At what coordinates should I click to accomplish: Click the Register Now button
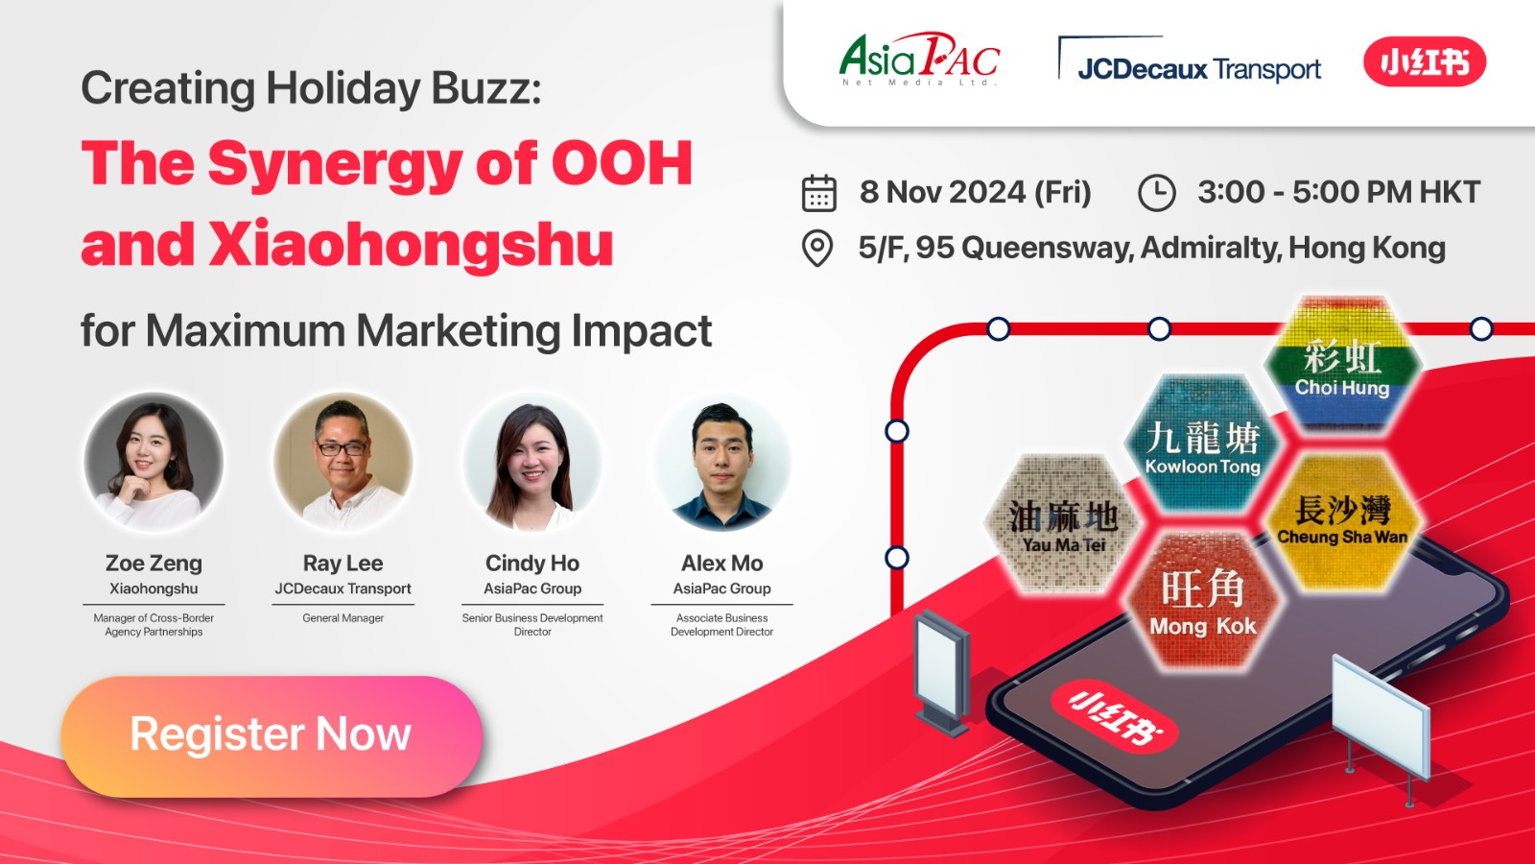click(x=272, y=735)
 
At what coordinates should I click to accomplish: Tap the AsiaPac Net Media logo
click(x=920, y=59)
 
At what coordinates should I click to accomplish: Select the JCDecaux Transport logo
click(x=1190, y=60)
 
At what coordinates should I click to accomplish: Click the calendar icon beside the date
click(x=819, y=193)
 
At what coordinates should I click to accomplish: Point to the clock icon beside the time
click(x=1157, y=193)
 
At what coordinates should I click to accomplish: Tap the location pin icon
click(x=816, y=249)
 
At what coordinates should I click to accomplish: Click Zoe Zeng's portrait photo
click(x=153, y=462)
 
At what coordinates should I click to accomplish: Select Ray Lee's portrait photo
click(x=342, y=462)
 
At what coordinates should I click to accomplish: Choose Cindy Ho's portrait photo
click(x=532, y=462)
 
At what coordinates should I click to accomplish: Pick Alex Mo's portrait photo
click(x=721, y=462)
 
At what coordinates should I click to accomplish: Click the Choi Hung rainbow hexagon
click(x=1342, y=365)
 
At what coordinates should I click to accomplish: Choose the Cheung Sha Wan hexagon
click(x=1342, y=522)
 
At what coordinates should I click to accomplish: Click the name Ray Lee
click(x=342, y=564)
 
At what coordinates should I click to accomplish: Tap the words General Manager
click(x=342, y=618)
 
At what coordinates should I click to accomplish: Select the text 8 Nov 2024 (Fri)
click(x=975, y=192)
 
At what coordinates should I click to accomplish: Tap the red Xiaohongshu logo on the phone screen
click(x=1114, y=717)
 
